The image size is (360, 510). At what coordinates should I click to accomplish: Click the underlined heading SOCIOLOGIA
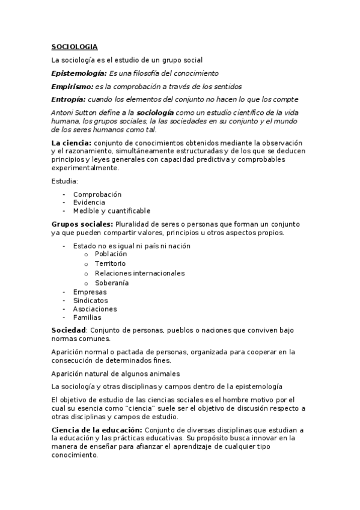74,46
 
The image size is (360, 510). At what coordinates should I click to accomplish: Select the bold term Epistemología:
78,73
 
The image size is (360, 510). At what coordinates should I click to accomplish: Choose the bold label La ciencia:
72,143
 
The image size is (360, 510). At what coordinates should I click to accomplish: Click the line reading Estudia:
65,181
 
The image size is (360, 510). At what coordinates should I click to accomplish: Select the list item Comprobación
97,194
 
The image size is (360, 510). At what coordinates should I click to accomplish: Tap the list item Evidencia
89,203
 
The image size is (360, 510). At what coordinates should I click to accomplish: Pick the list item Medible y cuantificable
112,211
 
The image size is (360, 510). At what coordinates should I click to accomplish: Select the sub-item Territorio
110,263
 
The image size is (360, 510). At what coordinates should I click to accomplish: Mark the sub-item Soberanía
111,283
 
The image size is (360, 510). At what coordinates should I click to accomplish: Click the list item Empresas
90,292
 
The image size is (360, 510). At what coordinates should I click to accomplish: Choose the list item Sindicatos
91,300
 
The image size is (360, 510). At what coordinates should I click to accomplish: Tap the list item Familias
87,318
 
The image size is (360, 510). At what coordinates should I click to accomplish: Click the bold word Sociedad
69,330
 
